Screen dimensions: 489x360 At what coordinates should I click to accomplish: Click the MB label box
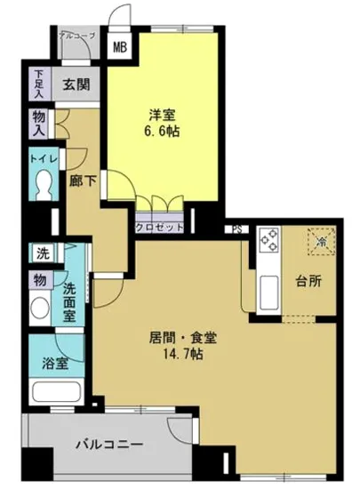(x=118, y=47)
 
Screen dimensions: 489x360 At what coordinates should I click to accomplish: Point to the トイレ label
(x=44, y=159)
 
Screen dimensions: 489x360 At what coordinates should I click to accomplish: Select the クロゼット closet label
(x=159, y=227)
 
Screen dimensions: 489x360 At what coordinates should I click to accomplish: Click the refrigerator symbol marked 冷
(x=321, y=241)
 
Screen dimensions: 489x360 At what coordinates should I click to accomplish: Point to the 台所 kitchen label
(x=309, y=283)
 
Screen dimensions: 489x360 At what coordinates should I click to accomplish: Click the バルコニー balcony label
(x=108, y=443)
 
